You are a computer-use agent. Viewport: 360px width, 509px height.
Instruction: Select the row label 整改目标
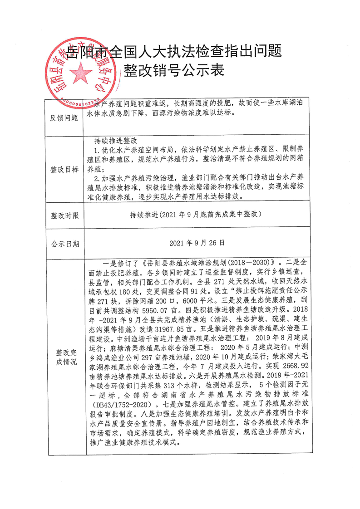tap(63, 169)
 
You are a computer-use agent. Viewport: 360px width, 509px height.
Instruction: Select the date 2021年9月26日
tap(197, 243)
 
